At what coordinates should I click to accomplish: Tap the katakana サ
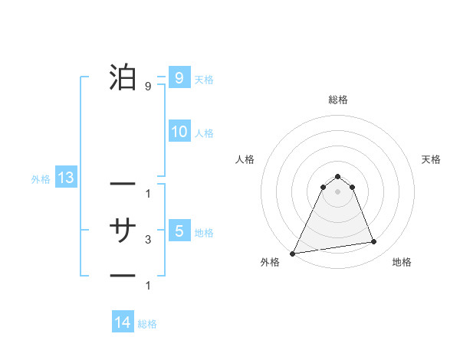pyautogui.click(x=123, y=230)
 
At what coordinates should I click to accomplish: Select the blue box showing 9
pyautogui.click(x=179, y=77)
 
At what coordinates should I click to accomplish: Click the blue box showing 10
pyautogui.click(x=179, y=132)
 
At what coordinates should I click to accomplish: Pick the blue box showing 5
pyautogui.click(x=179, y=231)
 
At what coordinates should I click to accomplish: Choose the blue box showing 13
pyautogui.click(x=66, y=178)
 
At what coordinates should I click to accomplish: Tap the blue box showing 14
pyautogui.click(x=123, y=323)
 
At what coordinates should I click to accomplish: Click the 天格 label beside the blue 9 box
pyautogui.click(x=204, y=80)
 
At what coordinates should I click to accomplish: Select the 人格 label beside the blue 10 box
pyautogui.click(x=204, y=133)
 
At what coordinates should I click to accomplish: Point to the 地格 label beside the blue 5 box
pyautogui.click(x=204, y=233)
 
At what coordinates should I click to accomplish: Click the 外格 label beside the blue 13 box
pyautogui.click(x=41, y=180)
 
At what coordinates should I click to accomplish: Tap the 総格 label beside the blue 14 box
pyautogui.click(x=147, y=325)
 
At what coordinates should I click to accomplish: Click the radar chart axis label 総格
pyautogui.click(x=337, y=100)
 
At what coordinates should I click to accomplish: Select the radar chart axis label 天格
pyautogui.click(x=431, y=159)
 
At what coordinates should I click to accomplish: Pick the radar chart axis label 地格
pyautogui.click(x=402, y=262)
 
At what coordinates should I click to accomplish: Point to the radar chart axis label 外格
pyautogui.click(x=270, y=262)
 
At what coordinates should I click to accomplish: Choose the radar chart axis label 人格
pyautogui.click(x=245, y=159)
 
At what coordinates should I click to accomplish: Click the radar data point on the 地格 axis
pyautogui.click(x=374, y=242)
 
